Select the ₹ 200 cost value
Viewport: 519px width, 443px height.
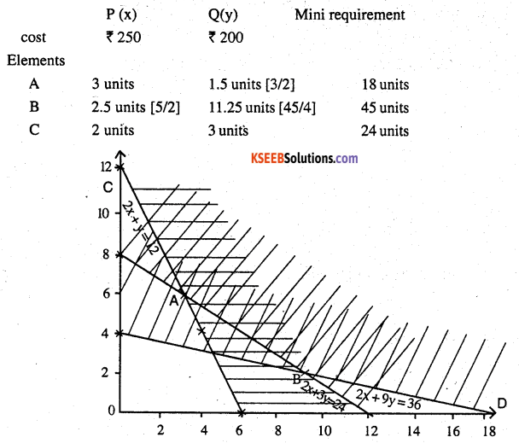pos(230,38)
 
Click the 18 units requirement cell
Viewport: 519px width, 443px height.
pos(385,85)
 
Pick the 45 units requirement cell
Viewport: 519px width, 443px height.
pos(385,108)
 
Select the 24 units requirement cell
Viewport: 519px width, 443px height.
pos(385,131)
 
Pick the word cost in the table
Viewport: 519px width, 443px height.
pos(35,38)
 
